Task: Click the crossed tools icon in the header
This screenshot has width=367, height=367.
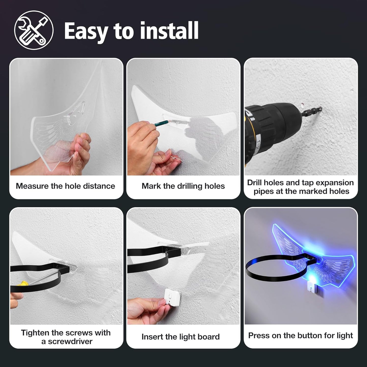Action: click(x=34, y=30)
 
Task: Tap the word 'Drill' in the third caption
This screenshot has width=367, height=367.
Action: click(x=255, y=183)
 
